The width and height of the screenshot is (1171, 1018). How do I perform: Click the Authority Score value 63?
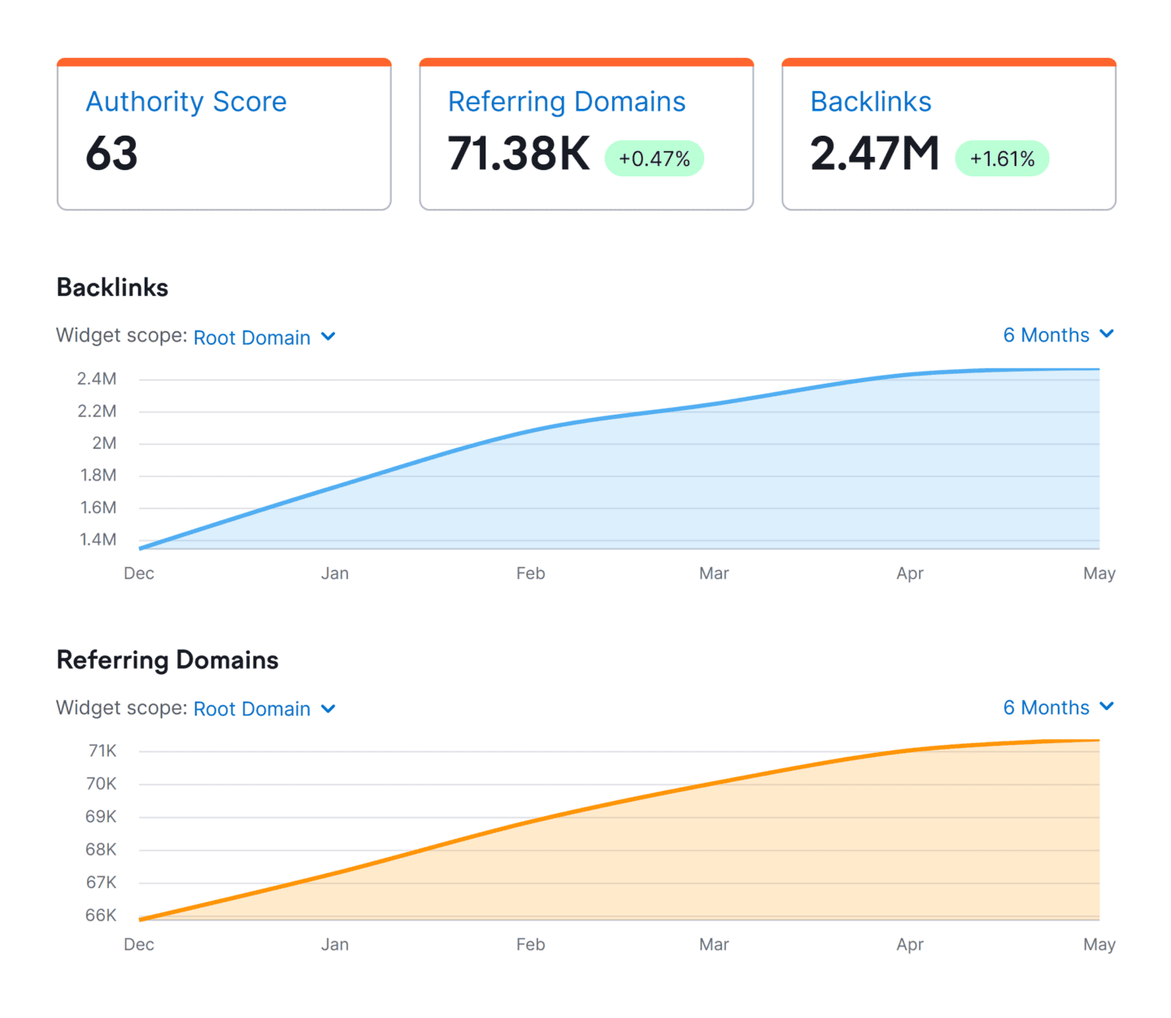coord(111,154)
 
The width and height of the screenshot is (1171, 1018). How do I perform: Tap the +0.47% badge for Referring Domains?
coord(654,159)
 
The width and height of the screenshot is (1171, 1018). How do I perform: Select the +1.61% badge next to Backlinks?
coord(1002,159)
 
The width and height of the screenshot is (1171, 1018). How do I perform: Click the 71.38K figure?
coord(519,154)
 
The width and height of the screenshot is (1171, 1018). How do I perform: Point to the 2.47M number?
coord(874,154)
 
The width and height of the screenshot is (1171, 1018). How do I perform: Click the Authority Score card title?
coord(186,102)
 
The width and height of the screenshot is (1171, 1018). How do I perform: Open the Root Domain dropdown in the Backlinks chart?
coord(263,337)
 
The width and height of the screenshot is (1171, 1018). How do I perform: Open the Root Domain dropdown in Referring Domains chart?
coord(263,709)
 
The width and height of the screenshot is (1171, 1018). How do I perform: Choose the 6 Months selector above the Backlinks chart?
coord(1057,335)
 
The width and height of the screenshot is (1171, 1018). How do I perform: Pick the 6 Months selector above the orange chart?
coord(1057,707)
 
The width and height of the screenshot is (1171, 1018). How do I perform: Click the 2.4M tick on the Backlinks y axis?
coord(97,379)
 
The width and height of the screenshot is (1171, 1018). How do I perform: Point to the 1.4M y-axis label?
coord(98,540)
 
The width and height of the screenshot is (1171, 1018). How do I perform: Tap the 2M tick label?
coord(104,443)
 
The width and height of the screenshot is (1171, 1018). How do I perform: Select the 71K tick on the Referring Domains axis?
coord(102,751)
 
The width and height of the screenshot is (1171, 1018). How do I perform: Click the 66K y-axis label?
coord(101,916)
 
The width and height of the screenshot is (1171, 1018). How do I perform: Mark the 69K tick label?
coord(101,816)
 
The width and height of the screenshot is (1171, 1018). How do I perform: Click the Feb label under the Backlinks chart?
coord(530,573)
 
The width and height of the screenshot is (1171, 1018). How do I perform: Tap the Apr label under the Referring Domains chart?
coord(909,945)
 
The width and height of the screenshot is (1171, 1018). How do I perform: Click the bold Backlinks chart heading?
coord(112,288)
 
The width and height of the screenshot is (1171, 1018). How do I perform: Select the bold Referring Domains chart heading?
coord(168,660)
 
